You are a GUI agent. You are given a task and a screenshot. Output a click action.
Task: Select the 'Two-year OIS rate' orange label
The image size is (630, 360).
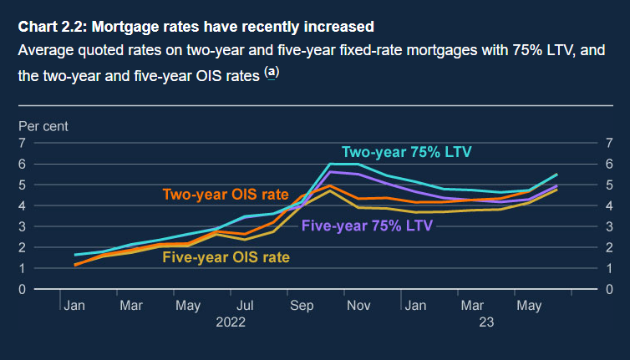225,195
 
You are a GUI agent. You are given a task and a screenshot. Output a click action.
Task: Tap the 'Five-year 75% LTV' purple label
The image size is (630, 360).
367,225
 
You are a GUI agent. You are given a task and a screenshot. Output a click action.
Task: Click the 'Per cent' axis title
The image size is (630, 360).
43,126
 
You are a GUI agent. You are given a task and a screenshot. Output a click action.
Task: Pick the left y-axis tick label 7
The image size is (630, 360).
23,143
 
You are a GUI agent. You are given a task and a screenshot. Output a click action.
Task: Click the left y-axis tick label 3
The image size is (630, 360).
23,226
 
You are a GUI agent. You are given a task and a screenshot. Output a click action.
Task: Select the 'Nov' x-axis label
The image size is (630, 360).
358,306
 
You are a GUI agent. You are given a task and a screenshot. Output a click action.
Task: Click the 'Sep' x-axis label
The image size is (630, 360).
302,306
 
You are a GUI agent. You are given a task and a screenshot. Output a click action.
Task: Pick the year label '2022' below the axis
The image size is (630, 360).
231,322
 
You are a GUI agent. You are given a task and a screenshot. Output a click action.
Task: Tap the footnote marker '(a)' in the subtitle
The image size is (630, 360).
272,73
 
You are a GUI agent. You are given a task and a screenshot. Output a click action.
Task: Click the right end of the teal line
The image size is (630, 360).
556,175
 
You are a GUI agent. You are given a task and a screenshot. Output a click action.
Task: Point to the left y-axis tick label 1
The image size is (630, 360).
23,268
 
